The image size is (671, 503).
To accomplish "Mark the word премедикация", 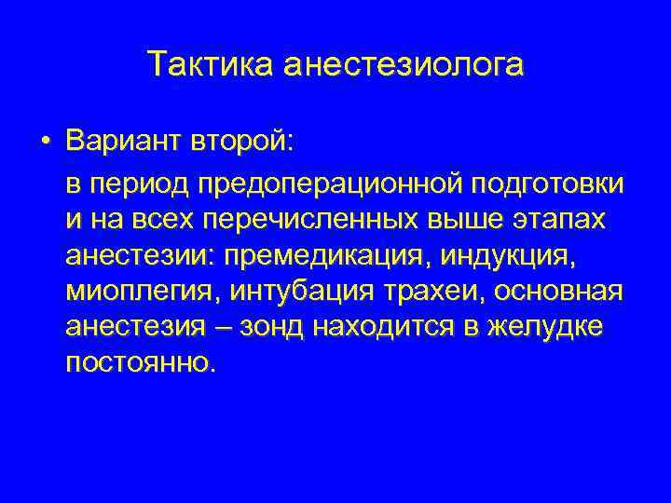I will pyautogui.click(x=336, y=256).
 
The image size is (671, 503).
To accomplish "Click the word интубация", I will pyautogui.click(x=299, y=292).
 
